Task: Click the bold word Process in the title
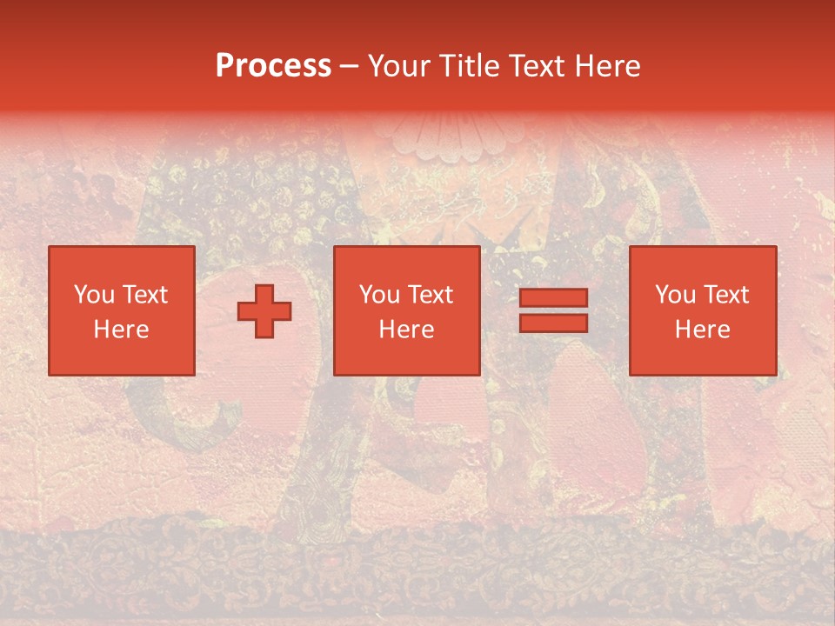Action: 273,66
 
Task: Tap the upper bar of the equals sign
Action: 553,298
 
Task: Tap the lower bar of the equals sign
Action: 553,323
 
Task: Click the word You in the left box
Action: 93,295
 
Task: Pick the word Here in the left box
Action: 121,330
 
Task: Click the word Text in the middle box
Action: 431,295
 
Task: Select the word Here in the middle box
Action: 406,330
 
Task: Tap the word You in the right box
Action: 674,295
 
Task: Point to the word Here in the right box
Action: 702,330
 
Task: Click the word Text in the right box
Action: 726,295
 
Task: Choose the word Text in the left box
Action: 145,295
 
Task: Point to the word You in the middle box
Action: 378,295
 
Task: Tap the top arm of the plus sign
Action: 264,295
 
